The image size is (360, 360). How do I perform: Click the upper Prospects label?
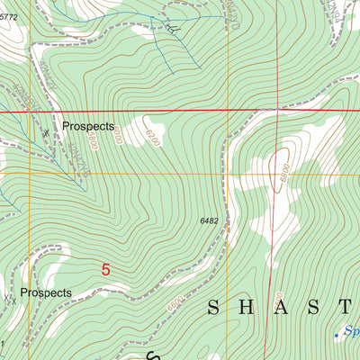coord(88,128)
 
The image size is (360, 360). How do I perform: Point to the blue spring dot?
coord(337,335)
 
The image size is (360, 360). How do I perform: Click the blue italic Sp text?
coord(350,332)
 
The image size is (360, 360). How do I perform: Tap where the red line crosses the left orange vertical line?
coord(30,111)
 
